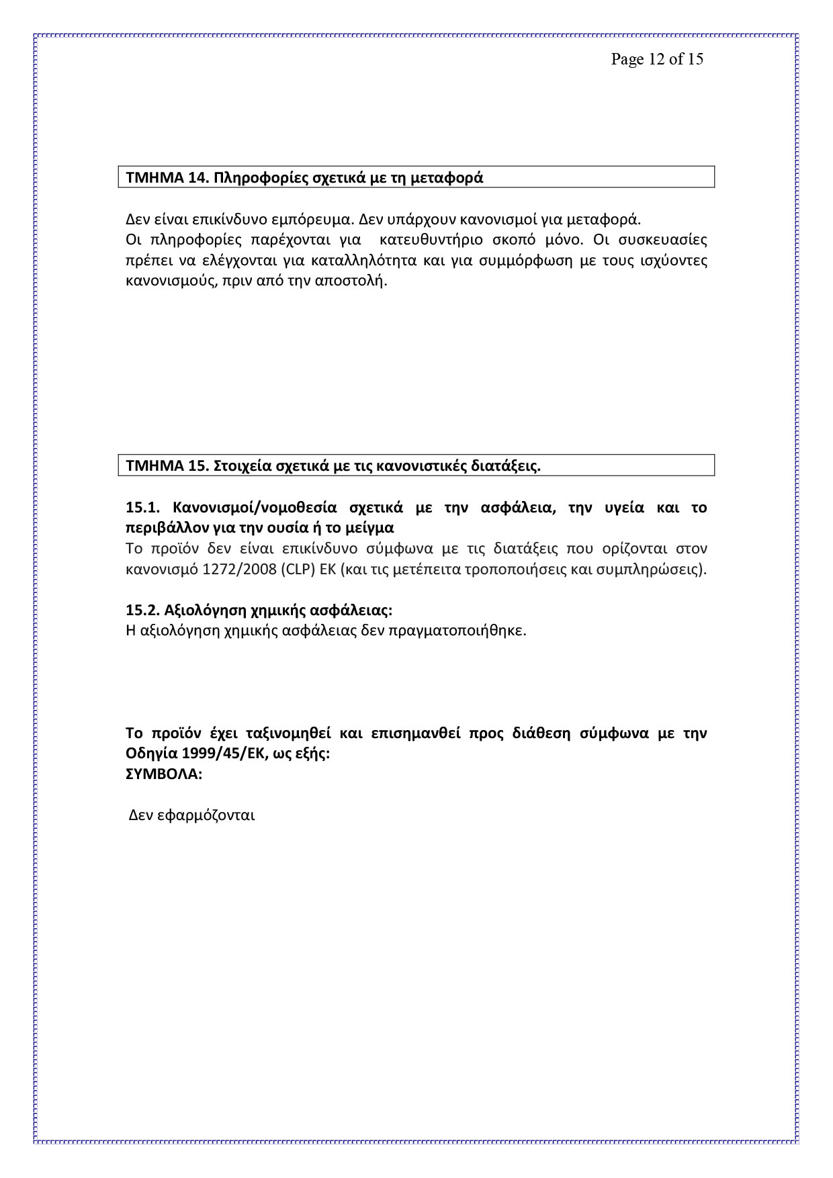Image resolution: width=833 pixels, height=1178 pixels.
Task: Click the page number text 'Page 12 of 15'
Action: tap(657, 59)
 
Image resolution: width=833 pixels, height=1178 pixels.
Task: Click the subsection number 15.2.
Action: tap(142, 610)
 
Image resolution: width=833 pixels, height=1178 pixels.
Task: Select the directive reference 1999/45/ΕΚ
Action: tap(219, 754)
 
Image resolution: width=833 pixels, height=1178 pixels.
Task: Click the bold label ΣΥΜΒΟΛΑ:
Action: tap(164, 774)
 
